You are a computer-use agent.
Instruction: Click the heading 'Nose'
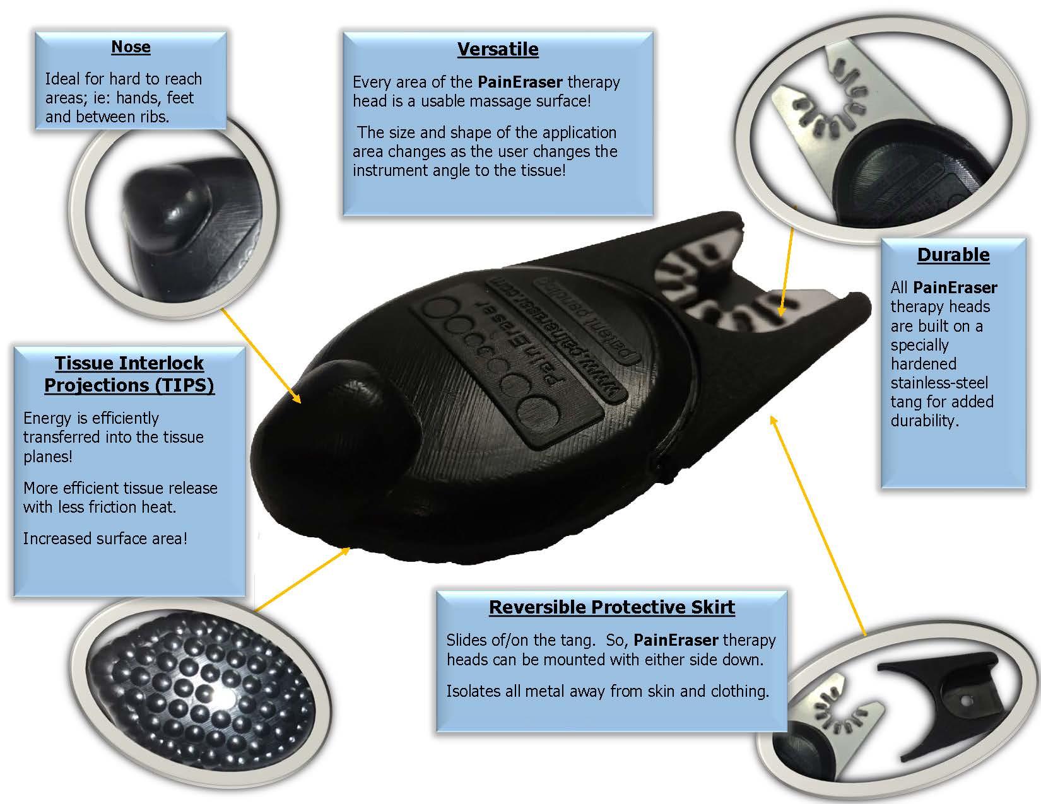click(x=131, y=47)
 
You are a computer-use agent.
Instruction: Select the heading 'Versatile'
click(x=498, y=49)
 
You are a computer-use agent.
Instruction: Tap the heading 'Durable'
click(x=953, y=255)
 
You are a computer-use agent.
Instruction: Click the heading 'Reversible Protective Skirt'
click(x=611, y=607)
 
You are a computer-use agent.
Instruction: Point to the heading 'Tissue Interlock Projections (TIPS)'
click(x=129, y=374)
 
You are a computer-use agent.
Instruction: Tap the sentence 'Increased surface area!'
click(x=105, y=538)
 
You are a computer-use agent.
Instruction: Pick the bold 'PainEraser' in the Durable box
click(x=955, y=288)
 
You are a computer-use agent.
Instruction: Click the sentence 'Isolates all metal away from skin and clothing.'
click(x=608, y=691)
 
